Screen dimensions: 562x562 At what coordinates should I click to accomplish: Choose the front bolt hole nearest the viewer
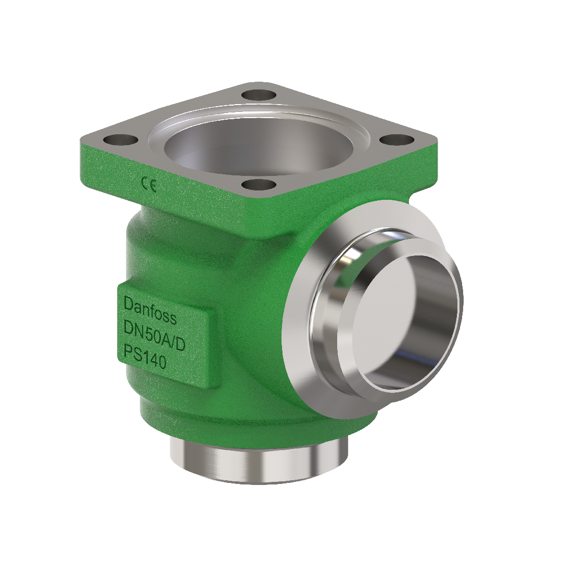258,184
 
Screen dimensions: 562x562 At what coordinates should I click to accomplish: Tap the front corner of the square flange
259,200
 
